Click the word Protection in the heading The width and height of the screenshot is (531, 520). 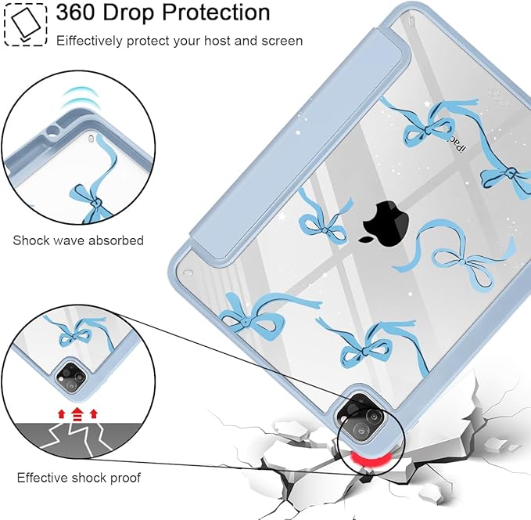[x=216, y=13]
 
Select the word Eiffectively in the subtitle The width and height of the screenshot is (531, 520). [x=89, y=41]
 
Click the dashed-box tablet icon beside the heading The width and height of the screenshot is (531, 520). [x=26, y=25]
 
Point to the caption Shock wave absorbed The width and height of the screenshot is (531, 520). [x=78, y=240]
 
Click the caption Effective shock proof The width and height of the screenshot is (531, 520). [x=78, y=478]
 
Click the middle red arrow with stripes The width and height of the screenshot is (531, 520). [x=77, y=414]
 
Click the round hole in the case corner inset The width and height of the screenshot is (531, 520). [x=53, y=131]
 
